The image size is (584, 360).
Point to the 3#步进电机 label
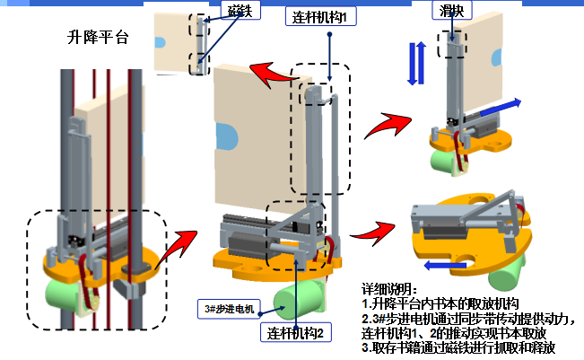(x=230, y=310)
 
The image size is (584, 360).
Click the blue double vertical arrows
(x=414, y=64)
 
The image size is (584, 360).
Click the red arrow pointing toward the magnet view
(x=270, y=71)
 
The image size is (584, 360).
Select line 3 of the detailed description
(x=462, y=347)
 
